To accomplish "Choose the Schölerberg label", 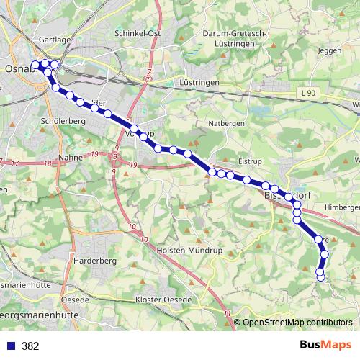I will [64, 122].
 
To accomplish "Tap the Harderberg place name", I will [95, 260].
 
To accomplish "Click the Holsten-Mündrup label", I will [186, 250].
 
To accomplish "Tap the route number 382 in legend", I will [30, 346].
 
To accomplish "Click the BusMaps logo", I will [322, 345].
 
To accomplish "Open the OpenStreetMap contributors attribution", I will [296, 323].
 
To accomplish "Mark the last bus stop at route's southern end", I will [320, 277].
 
